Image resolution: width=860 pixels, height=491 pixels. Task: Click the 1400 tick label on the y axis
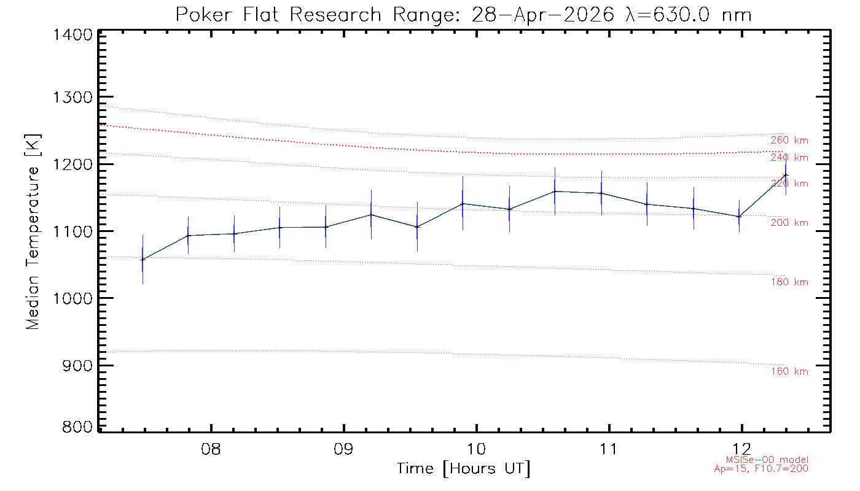72,35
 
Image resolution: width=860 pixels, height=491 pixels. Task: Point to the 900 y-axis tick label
77,366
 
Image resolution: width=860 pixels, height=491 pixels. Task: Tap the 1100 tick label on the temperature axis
72,232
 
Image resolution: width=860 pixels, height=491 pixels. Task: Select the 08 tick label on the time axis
211,449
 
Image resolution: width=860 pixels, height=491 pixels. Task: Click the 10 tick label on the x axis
476,449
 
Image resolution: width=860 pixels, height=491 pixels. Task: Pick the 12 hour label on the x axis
741,449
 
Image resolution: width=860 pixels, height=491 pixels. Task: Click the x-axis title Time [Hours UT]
463,469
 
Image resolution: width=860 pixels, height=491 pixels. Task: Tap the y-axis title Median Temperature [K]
33,232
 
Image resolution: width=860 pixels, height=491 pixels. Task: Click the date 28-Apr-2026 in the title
543,15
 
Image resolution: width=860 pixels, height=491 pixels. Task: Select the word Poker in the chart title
204,15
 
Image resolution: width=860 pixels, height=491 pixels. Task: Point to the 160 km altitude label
789,371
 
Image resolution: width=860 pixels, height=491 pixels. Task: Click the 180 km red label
789,282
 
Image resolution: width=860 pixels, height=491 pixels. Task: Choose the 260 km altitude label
789,141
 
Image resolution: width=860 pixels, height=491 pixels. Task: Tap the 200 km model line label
789,223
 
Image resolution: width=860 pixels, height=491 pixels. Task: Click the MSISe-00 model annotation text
767,460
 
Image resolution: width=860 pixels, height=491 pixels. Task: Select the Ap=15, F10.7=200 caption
761,469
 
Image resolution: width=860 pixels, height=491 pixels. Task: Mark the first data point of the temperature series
143,260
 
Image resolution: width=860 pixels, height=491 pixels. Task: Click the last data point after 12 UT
786,176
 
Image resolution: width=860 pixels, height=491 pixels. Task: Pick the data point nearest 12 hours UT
739,217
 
